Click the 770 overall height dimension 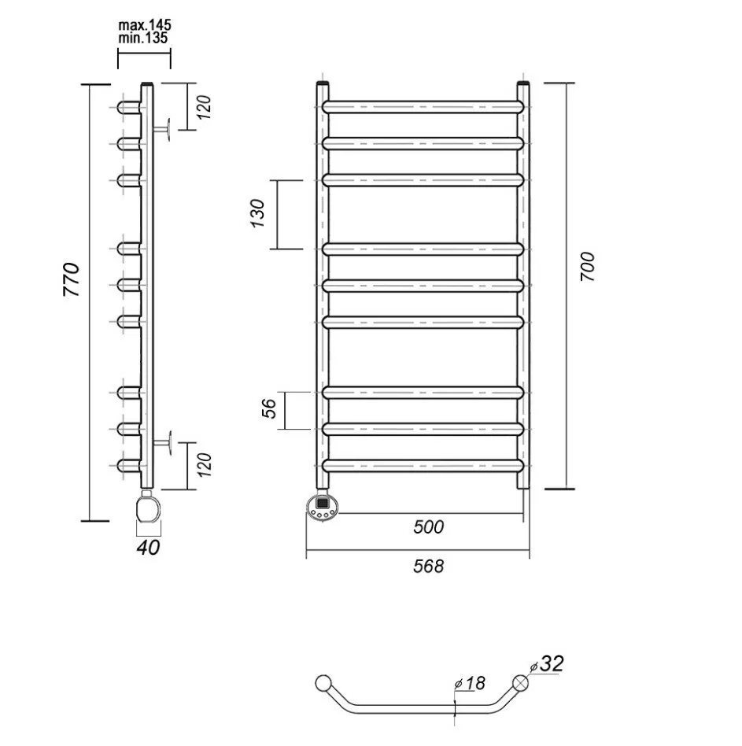71,279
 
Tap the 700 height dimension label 590,267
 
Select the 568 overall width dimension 428,566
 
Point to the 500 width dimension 428,526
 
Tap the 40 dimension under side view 148,547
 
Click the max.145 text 145,24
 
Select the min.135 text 145,38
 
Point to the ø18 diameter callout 471,683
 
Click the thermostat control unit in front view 323,504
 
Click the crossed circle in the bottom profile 520,683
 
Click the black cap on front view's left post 323,82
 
